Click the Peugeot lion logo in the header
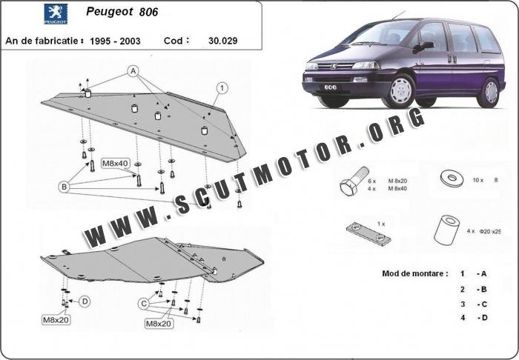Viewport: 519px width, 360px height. point(55,13)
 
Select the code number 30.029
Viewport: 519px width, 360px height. point(223,40)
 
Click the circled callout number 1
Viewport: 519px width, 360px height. point(221,88)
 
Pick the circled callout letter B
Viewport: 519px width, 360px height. point(64,187)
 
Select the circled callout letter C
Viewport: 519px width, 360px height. point(143,303)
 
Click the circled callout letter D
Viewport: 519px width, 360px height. point(85,301)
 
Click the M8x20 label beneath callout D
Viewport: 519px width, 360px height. point(57,320)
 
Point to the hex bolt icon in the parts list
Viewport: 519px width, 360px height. point(351,182)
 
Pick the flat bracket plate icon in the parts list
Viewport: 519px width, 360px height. point(368,232)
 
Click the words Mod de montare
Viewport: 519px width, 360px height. point(414,273)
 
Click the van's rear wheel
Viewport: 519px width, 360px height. point(490,92)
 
